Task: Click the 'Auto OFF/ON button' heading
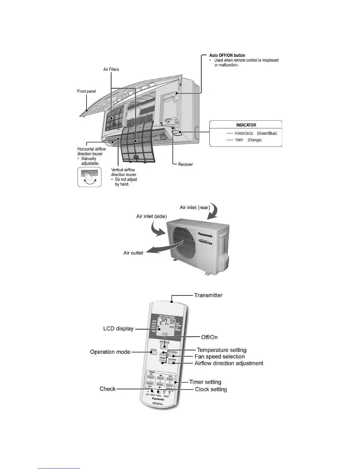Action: tap(227, 55)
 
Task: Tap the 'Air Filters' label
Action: tap(111, 69)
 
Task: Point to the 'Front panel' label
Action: tap(87, 91)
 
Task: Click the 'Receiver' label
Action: tap(186, 164)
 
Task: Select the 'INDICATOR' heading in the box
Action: tap(246, 125)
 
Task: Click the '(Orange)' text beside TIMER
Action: tap(255, 140)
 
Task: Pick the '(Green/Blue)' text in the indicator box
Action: tap(267, 134)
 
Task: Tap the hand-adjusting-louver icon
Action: tap(89, 177)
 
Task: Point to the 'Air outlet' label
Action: tap(133, 253)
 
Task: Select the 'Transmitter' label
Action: tap(208, 295)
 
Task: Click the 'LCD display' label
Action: tap(118, 329)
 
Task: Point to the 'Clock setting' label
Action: tap(211, 389)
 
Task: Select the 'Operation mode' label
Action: tap(110, 352)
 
